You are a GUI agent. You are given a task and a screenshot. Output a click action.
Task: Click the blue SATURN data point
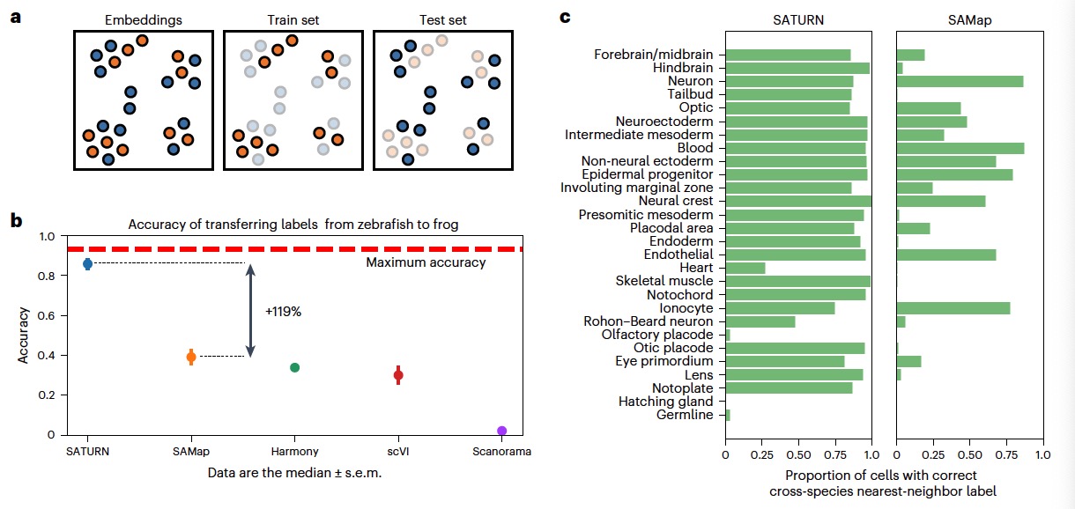(87, 264)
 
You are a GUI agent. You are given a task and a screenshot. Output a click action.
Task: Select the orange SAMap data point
(191, 357)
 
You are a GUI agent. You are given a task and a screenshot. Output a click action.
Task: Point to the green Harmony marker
(295, 367)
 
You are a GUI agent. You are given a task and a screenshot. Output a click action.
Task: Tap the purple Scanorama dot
(501, 431)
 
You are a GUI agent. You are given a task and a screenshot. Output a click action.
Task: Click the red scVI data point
(398, 375)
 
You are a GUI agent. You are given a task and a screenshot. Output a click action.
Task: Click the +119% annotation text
(284, 311)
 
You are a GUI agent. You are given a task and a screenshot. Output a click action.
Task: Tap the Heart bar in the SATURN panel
(745, 268)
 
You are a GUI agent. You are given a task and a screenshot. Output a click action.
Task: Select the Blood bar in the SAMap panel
(960, 148)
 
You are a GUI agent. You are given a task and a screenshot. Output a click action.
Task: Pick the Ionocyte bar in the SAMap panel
(953, 308)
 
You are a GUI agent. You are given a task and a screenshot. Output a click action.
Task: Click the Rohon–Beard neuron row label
(648, 321)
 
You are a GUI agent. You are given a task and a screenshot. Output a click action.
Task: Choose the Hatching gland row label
(666, 402)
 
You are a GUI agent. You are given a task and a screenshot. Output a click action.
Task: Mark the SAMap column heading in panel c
(969, 19)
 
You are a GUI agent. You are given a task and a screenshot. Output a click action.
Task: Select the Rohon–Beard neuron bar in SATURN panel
(760, 321)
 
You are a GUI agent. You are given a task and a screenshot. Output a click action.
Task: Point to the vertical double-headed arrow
(250, 311)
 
